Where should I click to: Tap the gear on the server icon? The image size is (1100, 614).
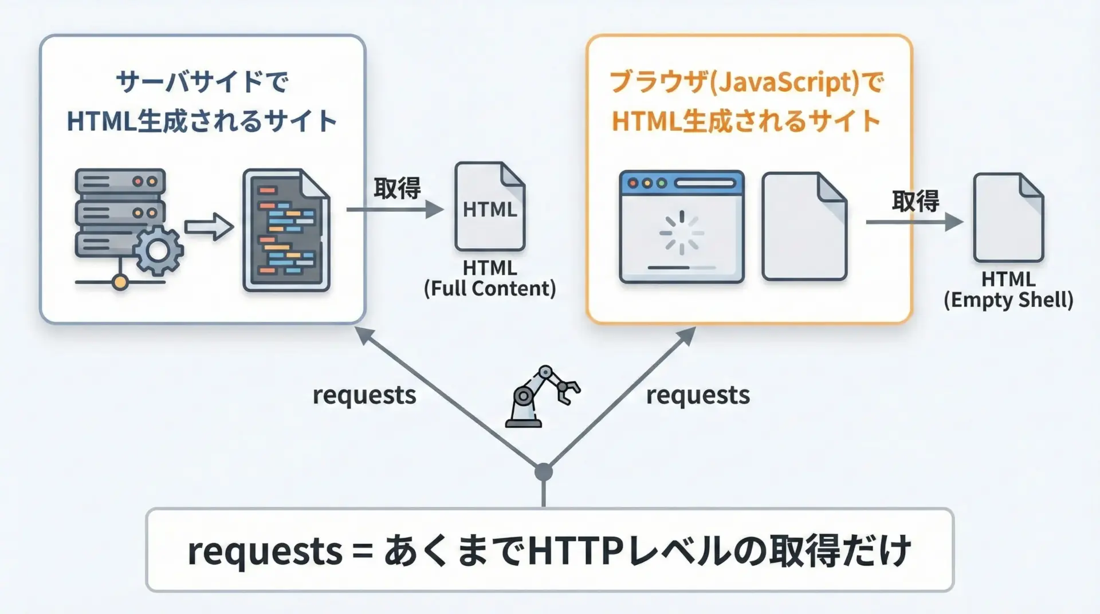click(x=158, y=250)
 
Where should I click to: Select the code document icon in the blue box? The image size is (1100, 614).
click(x=286, y=230)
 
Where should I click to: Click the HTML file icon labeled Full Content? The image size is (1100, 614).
click(x=490, y=207)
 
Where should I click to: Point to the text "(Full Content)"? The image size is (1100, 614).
click(x=490, y=288)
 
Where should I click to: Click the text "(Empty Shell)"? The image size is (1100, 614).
click(x=1008, y=300)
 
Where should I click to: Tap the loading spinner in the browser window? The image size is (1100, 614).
click(x=681, y=233)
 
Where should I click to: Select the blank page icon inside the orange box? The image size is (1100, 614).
click(x=804, y=227)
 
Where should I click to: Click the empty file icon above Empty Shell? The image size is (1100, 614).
click(x=1008, y=218)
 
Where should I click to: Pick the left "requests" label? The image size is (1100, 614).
click(x=364, y=395)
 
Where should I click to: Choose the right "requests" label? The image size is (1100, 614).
click(x=698, y=395)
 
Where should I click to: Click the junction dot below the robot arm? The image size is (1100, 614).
click(x=543, y=473)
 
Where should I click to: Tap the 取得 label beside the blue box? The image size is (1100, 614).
click(x=397, y=188)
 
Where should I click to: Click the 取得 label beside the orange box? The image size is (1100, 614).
click(x=916, y=200)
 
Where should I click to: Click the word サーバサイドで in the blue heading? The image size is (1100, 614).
click(x=202, y=82)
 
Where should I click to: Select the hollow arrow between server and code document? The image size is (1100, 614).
click(x=209, y=227)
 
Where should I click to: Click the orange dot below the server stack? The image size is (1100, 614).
click(x=120, y=282)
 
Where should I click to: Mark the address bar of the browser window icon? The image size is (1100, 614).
click(x=705, y=183)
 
